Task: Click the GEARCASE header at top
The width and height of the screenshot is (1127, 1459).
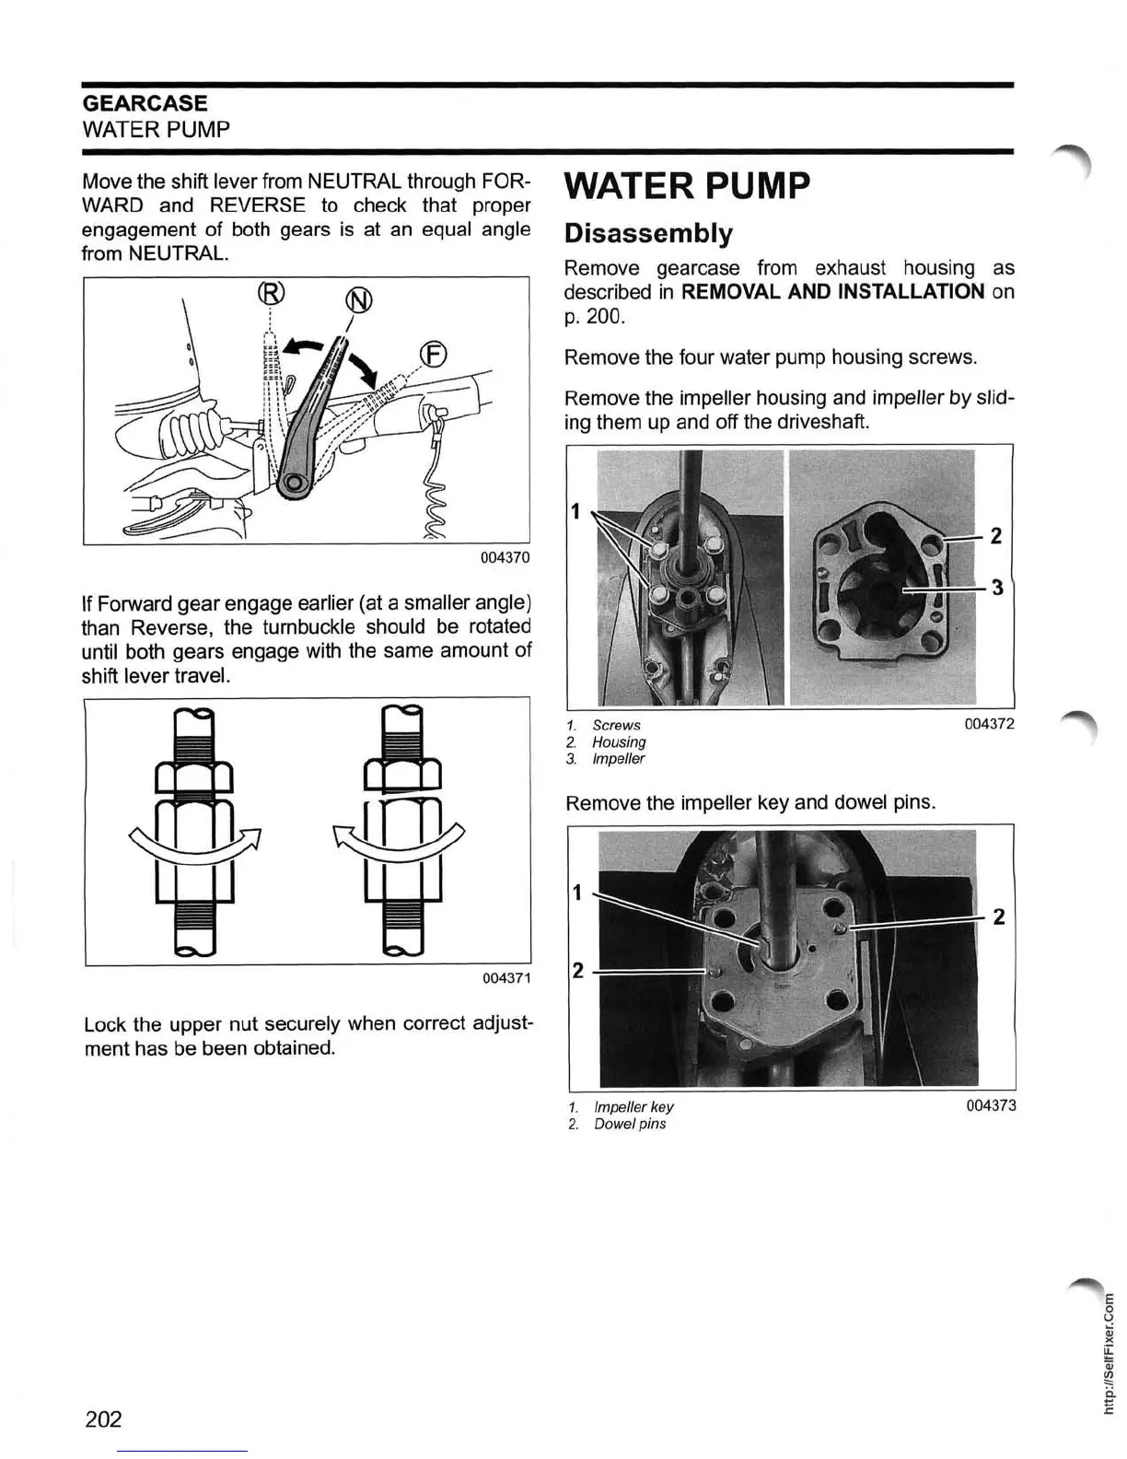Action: point(145,103)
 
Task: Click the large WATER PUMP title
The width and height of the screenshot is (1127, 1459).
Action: point(687,186)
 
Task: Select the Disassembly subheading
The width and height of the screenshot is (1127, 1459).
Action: point(648,233)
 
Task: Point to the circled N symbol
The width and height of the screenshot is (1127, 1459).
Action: point(358,300)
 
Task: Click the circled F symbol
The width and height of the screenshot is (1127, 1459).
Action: point(433,355)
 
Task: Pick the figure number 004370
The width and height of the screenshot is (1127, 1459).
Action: point(505,558)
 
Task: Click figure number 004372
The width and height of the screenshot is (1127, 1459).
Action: point(989,724)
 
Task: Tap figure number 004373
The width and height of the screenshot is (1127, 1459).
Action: point(991,1105)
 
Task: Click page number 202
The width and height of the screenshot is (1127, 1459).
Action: point(103,1418)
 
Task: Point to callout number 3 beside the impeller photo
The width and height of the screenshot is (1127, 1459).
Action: point(996,587)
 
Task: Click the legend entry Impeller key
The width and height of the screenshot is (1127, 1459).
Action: point(633,1107)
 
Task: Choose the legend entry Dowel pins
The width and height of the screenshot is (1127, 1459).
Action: point(630,1124)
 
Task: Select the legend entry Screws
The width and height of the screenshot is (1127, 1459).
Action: point(616,725)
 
